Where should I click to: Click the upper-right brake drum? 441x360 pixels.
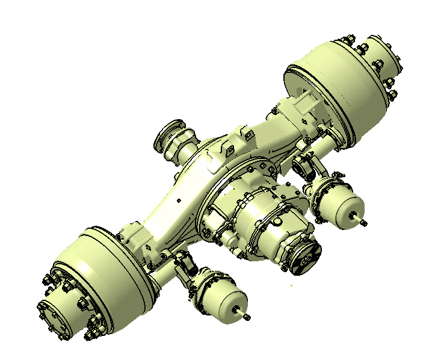pyautogui.click(x=337, y=90)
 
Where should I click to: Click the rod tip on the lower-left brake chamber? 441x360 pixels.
pyautogui.click(x=247, y=315)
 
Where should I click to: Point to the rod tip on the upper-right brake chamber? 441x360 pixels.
pyautogui.click(x=365, y=223)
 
